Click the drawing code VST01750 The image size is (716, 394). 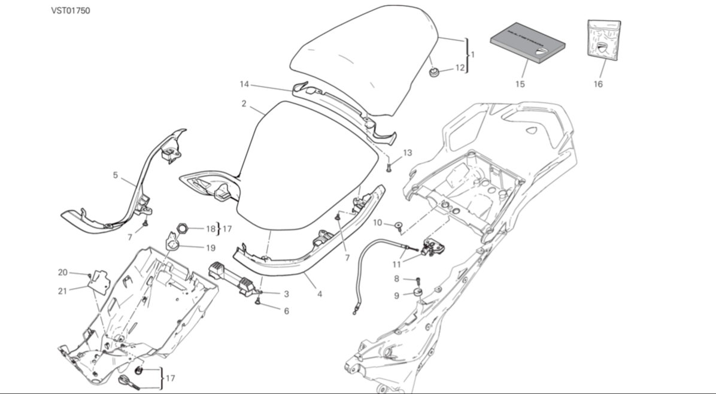pos(70,11)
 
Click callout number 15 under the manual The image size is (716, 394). pos(519,84)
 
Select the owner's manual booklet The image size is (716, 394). pos(527,45)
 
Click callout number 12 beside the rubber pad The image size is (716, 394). pos(459,68)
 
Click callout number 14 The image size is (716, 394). pos(244,84)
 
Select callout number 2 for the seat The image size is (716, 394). pos(244,104)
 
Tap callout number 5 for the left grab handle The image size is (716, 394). pos(115,176)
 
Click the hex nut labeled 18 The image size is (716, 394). pos(184,228)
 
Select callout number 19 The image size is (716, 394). pos(211,247)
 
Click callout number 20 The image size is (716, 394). pos(63,272)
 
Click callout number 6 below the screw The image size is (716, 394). pos(286,311)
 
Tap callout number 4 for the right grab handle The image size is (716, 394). pos(320,295)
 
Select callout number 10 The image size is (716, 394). pos(377,223)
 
